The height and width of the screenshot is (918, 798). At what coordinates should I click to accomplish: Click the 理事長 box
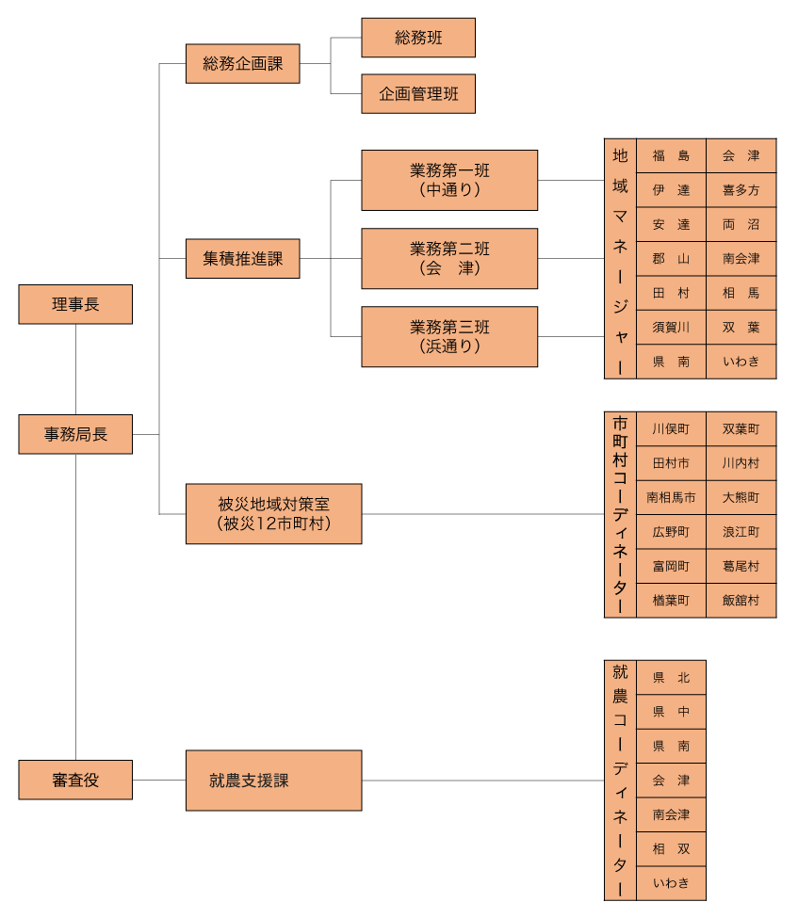(x=75, y=304)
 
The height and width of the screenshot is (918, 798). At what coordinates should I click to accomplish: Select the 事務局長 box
(x=75, y=434)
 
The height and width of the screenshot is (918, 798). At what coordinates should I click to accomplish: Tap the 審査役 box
(x=75, y=780)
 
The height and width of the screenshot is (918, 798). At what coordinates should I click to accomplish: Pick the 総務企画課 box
(x=242, y=64)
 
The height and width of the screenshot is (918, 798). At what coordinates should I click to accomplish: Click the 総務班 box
(x=418, y=38)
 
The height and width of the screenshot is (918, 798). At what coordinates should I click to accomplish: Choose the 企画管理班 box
(x=418, y=94)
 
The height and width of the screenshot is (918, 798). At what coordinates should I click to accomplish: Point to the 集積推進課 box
(x=242, y=258)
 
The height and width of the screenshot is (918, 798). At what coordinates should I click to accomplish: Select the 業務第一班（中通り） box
(x=449, y=180)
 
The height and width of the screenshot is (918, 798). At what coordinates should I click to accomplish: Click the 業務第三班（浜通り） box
(x=449, y=336)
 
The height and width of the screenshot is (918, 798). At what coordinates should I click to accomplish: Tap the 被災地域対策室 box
(x=273, y=514)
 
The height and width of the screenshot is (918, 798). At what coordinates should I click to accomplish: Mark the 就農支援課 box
(x=273, y=781)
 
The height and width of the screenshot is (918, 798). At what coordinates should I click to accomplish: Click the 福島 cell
(x=671, y=156)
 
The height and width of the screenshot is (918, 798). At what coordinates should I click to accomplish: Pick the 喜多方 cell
(x=741, y=190)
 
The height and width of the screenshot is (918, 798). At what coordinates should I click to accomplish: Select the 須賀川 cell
(x=671, y=328)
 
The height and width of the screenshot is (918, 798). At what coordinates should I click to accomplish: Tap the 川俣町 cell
(x=671, y=429)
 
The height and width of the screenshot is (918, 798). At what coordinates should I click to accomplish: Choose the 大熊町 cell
(x=741, y=497)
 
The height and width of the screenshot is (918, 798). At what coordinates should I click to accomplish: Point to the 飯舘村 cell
(x=741, y=600)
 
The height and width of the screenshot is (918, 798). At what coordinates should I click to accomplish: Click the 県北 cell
(x=671, y=677)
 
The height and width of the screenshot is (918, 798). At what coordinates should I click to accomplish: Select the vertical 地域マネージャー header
(x=620, y=259)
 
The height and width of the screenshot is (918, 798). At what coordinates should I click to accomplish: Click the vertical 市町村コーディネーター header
(x=620, y=514)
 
